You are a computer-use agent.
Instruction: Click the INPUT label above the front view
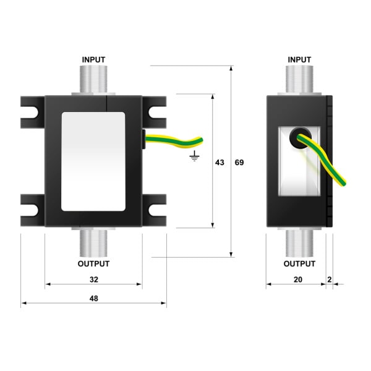click(93, 59)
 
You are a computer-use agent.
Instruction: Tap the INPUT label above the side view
click(299, 59)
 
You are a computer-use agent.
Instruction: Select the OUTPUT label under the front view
click(93, 263)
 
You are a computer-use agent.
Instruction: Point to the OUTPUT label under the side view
click(299, 263)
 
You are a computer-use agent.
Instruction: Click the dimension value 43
click(220, 163)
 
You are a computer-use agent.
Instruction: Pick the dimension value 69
click(239, 163)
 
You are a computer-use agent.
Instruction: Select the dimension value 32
click(94, 279)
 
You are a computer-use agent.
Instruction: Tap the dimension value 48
click(94, 299)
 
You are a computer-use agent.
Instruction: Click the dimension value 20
click(298, 279)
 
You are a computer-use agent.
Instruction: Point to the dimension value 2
click(330, 279)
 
